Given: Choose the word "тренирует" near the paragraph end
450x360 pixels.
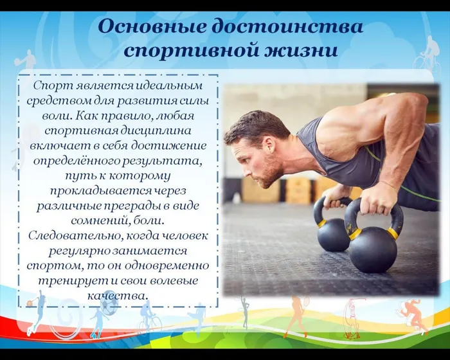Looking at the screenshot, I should [x=67, y=281].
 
